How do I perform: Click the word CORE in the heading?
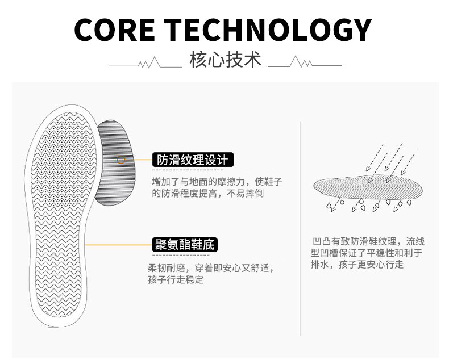click(x=115, y=30)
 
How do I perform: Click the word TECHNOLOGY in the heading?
click(x=268, y=30)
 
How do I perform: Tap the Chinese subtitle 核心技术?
click(x=225, y=60)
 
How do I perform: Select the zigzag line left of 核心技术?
click(x=145, y=62)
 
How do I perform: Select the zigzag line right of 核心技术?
click(x=305, y=62)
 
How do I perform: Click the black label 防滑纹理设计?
click(x=193, y=160)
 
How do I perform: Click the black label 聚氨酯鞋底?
click(x=185, y=245)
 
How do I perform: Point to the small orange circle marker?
click(x=121, y=160)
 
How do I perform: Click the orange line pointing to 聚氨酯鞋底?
click(x=119, y=245)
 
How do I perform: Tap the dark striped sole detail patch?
click(x=115, y=162)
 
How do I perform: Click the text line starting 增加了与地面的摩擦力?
click(x=217, y=182)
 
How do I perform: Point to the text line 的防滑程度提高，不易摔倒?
click(x=207, y=194)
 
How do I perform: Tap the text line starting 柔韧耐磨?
click(x=211, y=268)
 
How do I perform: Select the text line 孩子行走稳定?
click(x=176, y=279)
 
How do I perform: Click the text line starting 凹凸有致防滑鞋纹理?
click(x=368, y=241)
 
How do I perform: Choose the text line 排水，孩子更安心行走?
click(x=357, y=265)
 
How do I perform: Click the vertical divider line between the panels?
click(x=300, y=228)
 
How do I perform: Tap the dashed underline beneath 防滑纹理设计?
click(x=188, y=170)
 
